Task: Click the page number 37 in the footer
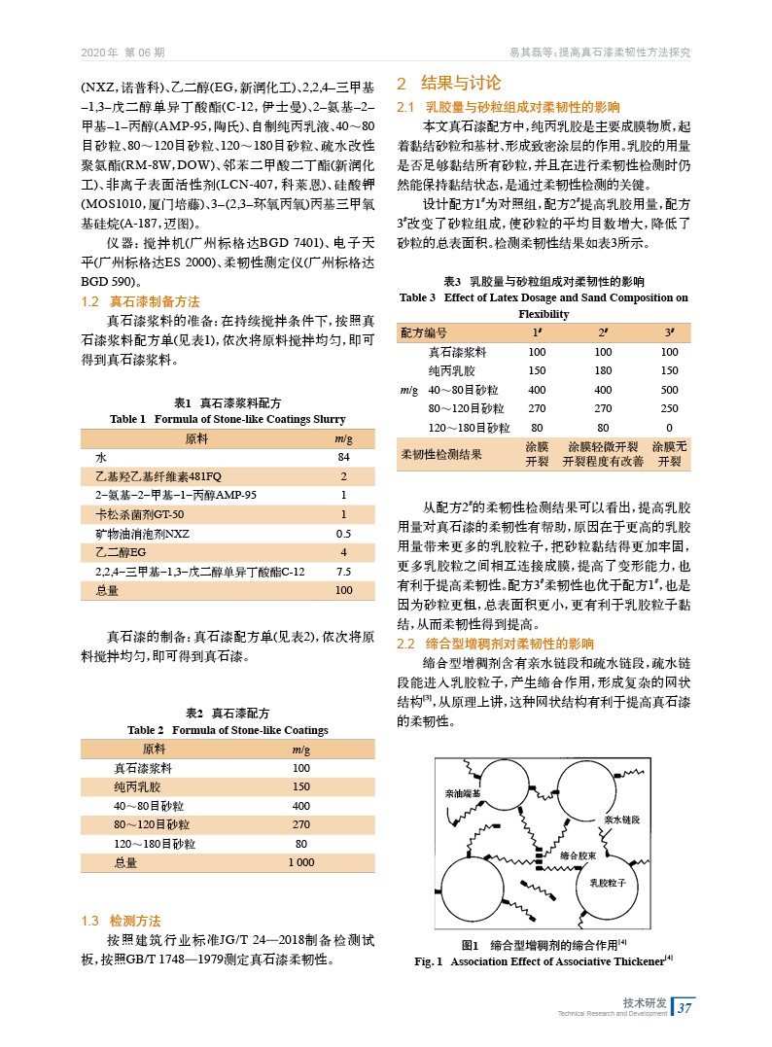(684, 1006)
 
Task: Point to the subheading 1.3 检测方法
(121, 921)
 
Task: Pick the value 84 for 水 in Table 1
(342, 457)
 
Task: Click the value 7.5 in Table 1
(342, 571)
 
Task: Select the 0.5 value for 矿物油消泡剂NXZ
(342, 533)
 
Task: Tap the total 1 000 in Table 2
(301, 862)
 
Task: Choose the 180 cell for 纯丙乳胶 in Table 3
(603, 370)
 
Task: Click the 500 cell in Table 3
(669, 390)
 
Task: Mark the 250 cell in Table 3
(669, 408)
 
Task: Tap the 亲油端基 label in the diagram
(462, 793)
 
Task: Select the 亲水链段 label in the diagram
(622, 820)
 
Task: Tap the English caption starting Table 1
(228, 419)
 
